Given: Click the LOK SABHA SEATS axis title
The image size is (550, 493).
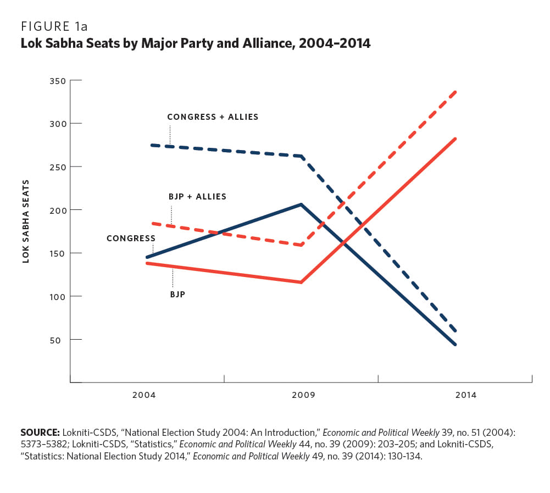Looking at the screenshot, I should pyautogui.click(x=26, y=221).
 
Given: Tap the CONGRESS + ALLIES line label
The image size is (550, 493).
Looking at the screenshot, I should pyautogui.click(x=213, y=117).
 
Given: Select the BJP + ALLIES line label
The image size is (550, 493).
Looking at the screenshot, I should pyautogui.click(x=197, y=197).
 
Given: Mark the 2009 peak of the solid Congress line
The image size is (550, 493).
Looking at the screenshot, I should pyautogui.click(x=301, y=204).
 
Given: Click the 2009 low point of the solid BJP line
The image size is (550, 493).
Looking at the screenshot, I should pyautogui.click(x=301, y=282).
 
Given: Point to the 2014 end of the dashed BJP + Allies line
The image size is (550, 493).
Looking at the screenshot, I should pyautogui.click(x=456, y=92).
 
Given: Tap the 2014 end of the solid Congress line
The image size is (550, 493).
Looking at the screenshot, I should pyautogui.click(x=456, y=345).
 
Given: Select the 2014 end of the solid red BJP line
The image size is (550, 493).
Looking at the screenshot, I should pyautogui.click(x=456, y=139).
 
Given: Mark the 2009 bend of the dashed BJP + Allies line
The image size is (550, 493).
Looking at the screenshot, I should pyautogui.click(x=301, y=245).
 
